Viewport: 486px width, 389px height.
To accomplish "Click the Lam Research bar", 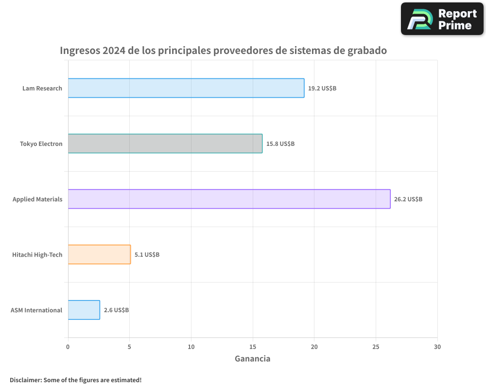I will [186, 88].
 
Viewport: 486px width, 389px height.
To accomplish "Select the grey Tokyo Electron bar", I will [165, 143].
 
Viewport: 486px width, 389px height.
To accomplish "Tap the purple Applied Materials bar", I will [229, 199].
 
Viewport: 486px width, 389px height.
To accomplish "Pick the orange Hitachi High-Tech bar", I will [99, 254].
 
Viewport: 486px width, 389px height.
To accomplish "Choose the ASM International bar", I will [84, 310].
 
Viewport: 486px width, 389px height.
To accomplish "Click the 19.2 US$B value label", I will [322, 88].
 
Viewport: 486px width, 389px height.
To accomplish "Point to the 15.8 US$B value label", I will [280, 144].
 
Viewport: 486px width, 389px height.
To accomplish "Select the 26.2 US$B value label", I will [408, 199].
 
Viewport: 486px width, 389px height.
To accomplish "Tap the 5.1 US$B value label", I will [147, 255].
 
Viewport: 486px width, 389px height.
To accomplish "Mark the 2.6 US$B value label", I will [116, 310].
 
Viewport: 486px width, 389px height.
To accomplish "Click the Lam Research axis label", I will [42, 88].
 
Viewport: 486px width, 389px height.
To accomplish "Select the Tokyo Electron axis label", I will [41, 144].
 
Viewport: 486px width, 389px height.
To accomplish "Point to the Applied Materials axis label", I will [37, 199].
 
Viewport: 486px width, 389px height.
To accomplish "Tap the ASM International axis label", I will [36, 310].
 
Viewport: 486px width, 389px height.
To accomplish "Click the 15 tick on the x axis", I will [253, 347].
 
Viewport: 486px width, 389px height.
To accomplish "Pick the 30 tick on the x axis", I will [437, 347].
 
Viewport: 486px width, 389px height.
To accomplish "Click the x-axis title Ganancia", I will [252, 359].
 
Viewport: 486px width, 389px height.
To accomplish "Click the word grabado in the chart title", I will [365, 51].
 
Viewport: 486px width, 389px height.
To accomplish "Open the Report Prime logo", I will [442, 19].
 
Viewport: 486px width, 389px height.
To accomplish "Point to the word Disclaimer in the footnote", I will [25, 380].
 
